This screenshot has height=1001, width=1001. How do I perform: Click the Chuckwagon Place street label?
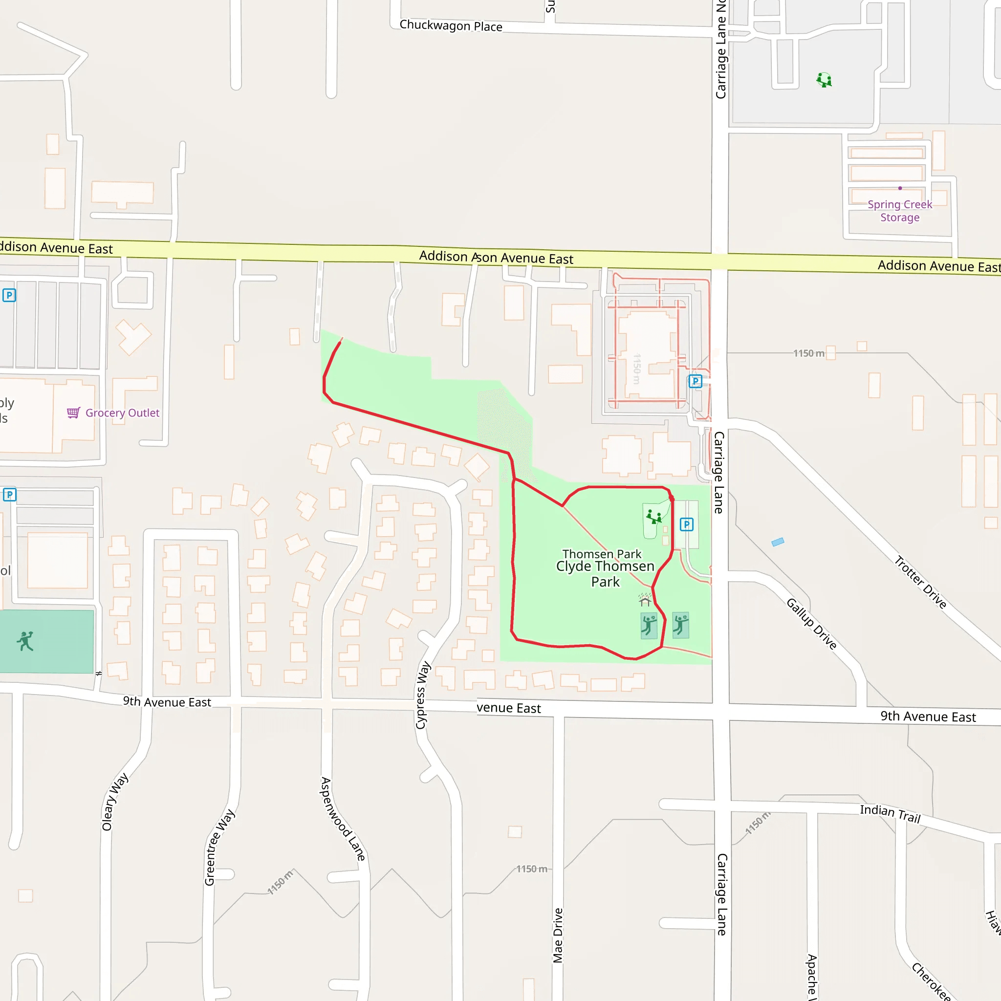(x=451, y=26)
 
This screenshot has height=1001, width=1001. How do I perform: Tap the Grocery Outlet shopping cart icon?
(x=73, y=413)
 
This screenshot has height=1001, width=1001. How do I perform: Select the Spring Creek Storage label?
(x=900, y=211)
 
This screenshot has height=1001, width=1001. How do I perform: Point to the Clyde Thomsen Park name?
(x=605, y=573)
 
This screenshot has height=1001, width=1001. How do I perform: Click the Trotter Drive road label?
(x=921, y=582)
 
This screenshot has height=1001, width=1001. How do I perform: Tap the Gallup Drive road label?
(x=811, y=624)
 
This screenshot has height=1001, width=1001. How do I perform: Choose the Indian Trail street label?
(x=890, y=813)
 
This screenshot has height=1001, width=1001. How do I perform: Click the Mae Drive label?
(x=558, y=935)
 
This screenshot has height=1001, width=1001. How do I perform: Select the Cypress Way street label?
(x=423, y=695)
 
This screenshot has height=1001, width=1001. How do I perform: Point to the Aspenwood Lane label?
(x=343, y=819)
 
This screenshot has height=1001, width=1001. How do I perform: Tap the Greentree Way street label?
(x=219, y=847)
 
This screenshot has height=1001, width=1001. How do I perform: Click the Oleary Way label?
(x=114, y=802)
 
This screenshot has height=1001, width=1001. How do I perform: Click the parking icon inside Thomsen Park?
(x=687, y=524)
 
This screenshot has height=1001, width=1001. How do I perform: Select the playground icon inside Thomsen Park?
(x=654, y=517)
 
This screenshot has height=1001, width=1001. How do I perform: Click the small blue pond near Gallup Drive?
(x=778, y=542)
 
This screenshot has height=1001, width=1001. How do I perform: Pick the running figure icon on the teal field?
(x=25, y=641)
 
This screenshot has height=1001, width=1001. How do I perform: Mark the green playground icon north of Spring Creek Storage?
(x=824, y=80)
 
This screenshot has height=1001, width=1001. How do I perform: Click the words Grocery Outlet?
(x=122, y=413)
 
